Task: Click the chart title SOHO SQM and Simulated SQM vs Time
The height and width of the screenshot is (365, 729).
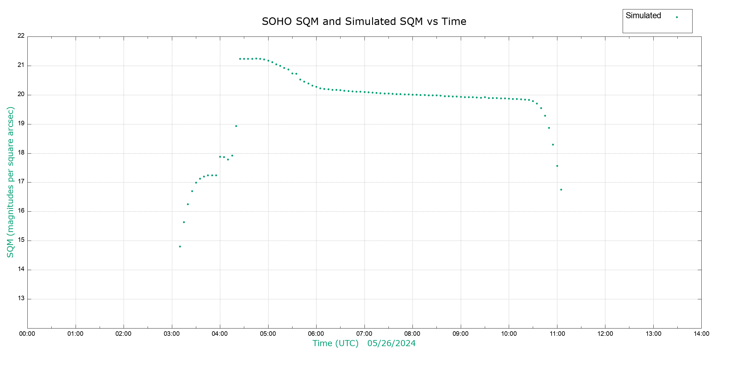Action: (364, 22)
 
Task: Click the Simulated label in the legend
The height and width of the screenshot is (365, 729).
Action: (643, 16)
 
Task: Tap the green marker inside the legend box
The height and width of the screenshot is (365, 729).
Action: (677, 17)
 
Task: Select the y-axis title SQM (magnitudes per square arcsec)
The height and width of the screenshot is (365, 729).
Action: (10, 182)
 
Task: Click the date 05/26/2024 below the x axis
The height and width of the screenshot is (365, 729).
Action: (391, 343)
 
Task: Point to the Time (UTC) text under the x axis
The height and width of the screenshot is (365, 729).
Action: (335, 343)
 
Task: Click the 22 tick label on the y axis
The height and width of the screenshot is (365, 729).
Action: (21, 36)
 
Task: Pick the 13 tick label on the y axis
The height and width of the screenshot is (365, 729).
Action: (21, 298)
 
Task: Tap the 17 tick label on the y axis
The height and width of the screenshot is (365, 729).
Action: (21, 182)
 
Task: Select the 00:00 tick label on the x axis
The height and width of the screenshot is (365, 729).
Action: (27, 334)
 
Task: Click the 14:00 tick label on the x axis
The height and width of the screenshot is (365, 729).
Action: (701, 334)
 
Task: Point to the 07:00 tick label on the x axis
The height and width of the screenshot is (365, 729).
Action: (364, 334)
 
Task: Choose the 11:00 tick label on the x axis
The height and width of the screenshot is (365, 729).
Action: (557, 334)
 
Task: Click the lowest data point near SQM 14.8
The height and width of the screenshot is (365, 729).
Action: (180, 247)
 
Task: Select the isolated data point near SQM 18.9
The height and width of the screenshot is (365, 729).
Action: (236, 126)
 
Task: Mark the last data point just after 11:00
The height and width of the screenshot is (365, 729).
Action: (561, 190)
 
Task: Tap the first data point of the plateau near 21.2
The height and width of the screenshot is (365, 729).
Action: (240, 59)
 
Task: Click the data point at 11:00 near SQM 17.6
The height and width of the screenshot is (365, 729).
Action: (557, 166)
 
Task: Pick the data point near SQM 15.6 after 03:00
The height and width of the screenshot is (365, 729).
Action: (184, 222)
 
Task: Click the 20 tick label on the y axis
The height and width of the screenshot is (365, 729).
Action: (21, 94)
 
